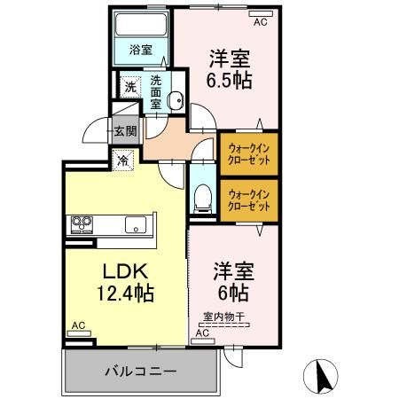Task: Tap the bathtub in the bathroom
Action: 141,24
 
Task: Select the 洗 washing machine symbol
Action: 130,87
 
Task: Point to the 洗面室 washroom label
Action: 155,91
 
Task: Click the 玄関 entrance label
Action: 124,131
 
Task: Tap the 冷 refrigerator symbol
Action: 122,160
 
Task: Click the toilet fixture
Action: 201,196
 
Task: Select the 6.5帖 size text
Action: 231,81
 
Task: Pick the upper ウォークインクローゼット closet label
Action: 249,153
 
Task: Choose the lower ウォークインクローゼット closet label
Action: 249,199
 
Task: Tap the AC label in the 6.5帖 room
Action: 260,24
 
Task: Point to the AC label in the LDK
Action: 78,325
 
